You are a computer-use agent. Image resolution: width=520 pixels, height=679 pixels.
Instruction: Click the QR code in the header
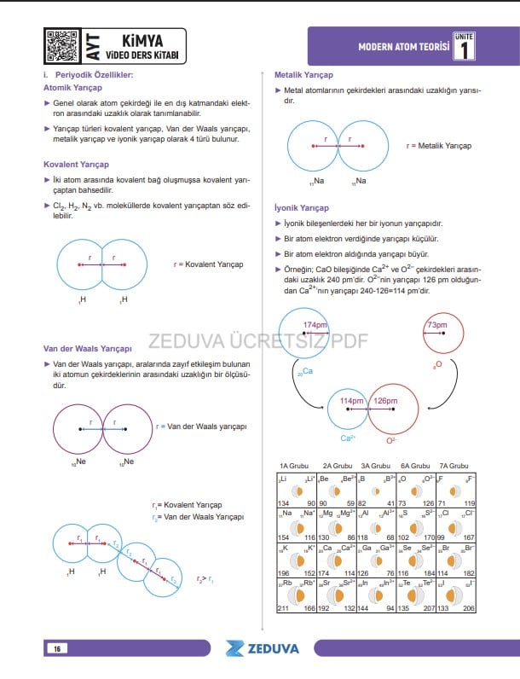click(x=62, y=45)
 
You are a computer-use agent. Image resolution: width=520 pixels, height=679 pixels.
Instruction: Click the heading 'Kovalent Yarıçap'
click(x=76, y=164)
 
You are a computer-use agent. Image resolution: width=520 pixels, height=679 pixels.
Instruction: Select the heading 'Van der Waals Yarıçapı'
click(x=88, y=348)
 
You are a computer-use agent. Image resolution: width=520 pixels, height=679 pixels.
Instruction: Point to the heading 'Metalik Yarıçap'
click(x=298, y=75)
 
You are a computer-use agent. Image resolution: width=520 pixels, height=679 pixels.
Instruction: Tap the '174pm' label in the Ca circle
click(x=315, y=326)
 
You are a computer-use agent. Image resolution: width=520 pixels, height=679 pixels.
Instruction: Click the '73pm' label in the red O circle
click(x=437, y=326)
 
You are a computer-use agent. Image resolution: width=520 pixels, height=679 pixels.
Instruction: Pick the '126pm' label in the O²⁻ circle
click(x=385, y=400)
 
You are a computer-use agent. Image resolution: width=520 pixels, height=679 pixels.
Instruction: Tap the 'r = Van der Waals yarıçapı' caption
click(x=201, y=427)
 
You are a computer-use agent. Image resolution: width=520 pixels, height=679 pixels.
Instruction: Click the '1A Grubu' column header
click(x=294, y=466)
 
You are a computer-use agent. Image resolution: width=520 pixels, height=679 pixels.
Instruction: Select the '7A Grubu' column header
click(x=454, y=466)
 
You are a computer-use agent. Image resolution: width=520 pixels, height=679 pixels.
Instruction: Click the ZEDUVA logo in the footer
click(x=263, y=648)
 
